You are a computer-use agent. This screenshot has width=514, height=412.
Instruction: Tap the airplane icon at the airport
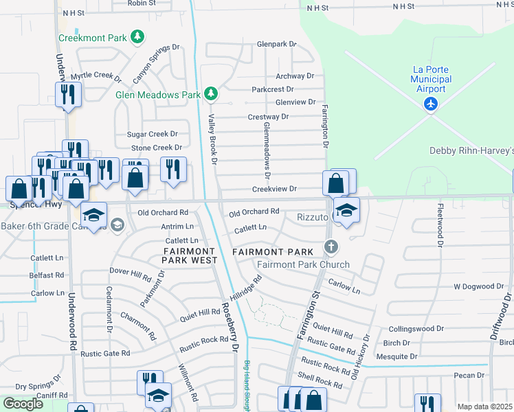point(431,104)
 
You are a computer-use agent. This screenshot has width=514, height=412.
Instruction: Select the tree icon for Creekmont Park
point(137,37)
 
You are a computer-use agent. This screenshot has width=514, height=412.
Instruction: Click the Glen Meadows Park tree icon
point(210,94)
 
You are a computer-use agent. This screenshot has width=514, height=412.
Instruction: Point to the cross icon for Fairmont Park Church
point(331,247)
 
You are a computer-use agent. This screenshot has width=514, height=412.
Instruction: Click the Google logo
point(23,403)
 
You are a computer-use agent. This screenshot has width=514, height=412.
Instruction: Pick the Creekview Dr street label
point(274,189)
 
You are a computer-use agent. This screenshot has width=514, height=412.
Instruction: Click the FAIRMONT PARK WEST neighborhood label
point(190,256)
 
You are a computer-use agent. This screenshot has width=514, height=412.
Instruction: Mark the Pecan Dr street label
point(469,375)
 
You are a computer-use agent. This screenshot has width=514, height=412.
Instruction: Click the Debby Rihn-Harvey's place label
point(471,150)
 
